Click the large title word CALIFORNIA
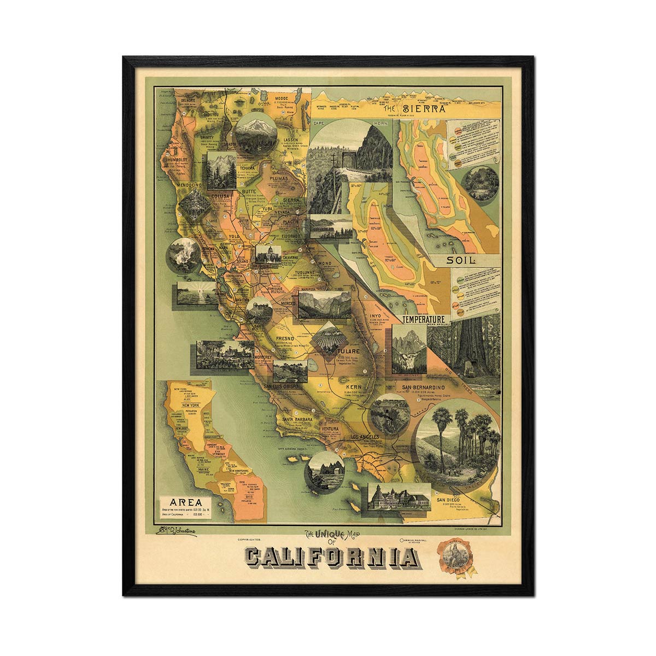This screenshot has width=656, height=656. (331, 558)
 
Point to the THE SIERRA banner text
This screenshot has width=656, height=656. (421, 108)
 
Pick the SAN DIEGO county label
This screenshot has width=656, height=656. (450, 499)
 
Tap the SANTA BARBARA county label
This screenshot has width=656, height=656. (297, 419)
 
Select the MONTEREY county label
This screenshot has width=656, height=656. (263, 356)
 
